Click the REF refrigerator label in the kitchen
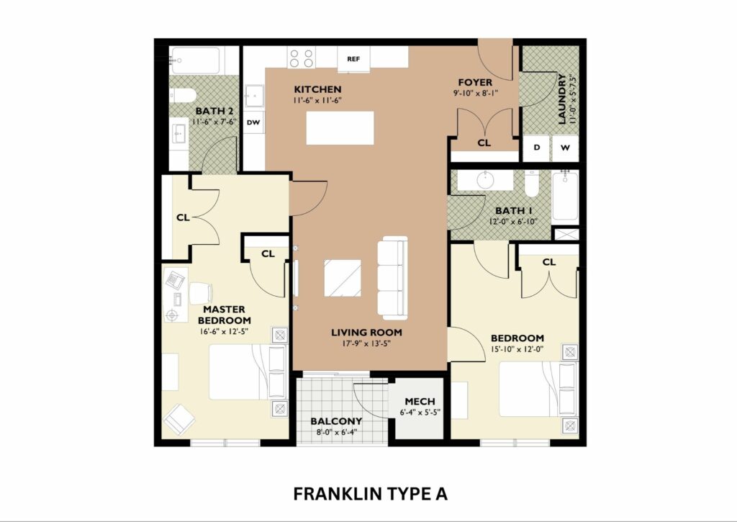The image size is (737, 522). [x=353, y=59]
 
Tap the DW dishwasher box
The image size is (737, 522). [x=253, y=122]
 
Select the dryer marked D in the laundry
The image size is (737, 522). [x=537, y=148]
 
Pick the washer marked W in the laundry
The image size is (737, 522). [x=566, y=148]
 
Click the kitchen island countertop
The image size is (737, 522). [x=340, y=128]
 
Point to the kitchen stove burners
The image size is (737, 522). [x=302, y=58]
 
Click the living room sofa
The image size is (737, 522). [x=392, y=277]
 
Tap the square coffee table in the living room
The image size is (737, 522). [x=343, y=278]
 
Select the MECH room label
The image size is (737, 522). [x=420, y=402]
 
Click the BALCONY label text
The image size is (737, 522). [x=336, y=421]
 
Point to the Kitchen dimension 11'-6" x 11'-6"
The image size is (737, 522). [x=317, y=100]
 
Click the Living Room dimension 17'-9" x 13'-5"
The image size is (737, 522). [x=366, y=343]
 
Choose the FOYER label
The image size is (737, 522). [x=475, y=83]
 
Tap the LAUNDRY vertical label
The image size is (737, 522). [x=562, y=99]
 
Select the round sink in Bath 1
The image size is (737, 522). [x=484, y=180]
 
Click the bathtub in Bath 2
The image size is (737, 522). [x=196, y=60]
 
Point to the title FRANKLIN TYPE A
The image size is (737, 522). [x=371, y=494]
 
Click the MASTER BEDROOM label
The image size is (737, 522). [x=225, y=315]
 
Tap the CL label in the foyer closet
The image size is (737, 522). [x=484, y=143]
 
